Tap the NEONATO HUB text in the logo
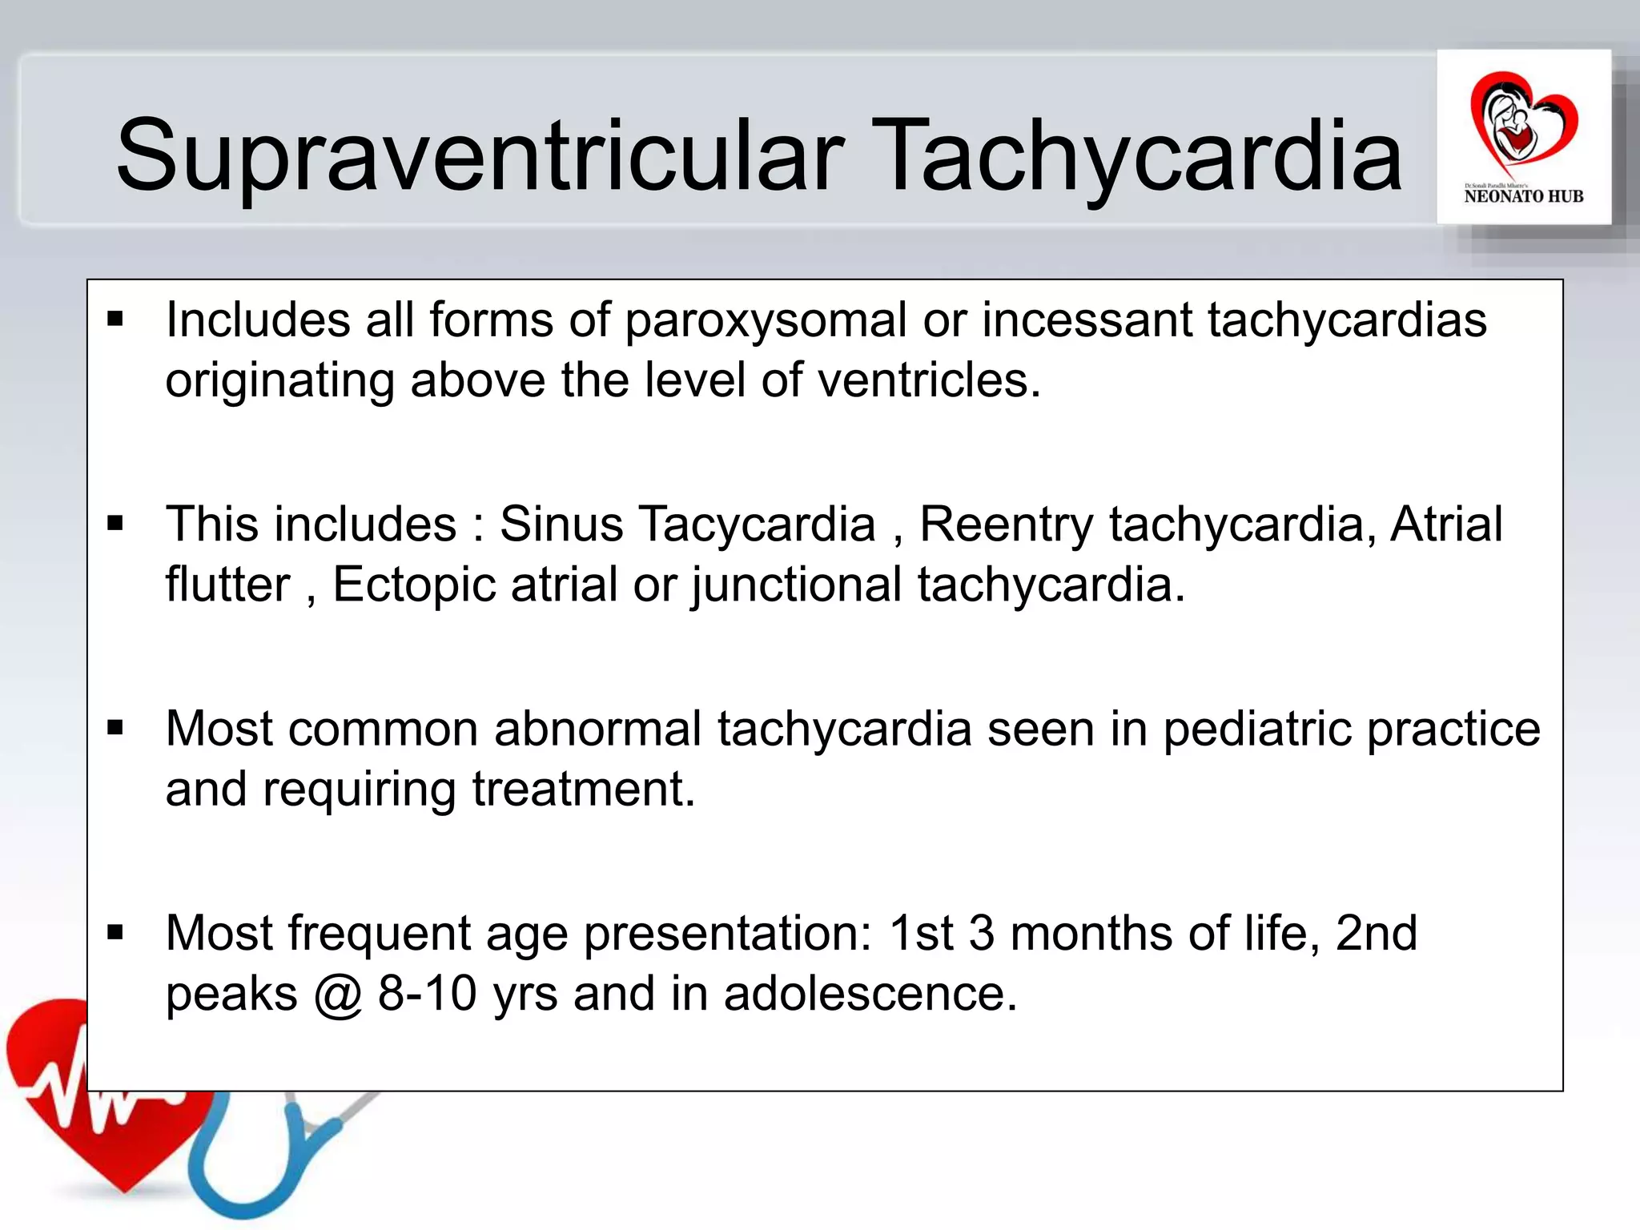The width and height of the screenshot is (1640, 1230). (x=1523, y=196)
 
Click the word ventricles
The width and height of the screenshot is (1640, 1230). (x=928, y=380)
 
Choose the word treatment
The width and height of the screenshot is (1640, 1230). (x=583, y=790)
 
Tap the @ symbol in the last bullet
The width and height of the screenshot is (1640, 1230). (x=338, y=995)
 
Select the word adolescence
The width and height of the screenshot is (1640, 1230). (x=870, y=994)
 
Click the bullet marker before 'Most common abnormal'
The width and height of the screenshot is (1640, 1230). (x=115, y=728)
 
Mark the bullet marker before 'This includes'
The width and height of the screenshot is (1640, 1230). (x=115, y=524)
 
